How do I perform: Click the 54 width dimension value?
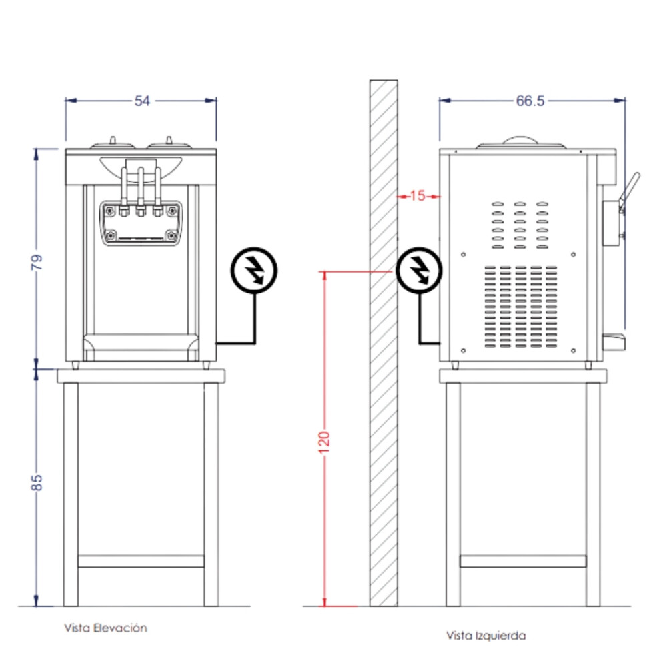pyautogui.click(x=143, y=101)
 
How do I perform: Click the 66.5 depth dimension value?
pyautogui.click(x=530, y=101)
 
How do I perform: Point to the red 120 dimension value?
pyautogui.click(x=325, y=441)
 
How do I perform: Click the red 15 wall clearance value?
pyautogui.click(x=418, y=196)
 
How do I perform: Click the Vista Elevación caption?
pyautogui.click(x=105, y=628)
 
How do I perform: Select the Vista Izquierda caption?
pyautogui.click(x=486, y=636)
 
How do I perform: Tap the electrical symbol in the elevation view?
pyautogui.click(x=254, y=269)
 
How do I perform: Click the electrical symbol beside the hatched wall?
pyautogui.click(x=418, y=269)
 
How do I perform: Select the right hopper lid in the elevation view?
pyautogui.click(x=168, y=144)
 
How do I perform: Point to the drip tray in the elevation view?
pyautogui.click(x=141, y=347)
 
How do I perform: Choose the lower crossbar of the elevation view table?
pyautogui.click(x=141, y=561)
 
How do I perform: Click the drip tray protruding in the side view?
pyautogui.click(x=613, y=341)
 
